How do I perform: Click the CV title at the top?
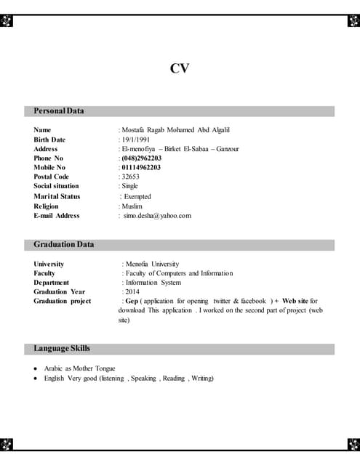(180, 68)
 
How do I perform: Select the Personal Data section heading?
(59, 111)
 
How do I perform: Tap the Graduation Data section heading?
(64, 245)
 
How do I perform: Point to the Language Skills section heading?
(62, 349)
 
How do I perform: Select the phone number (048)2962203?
(141, 158)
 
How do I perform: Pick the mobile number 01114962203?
(141, 168)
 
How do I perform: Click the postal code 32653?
(130, 177)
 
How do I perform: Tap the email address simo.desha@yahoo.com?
(157, 216)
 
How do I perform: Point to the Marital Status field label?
(57, 196)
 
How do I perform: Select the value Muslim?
(132, 206)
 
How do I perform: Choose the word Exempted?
(137, 196)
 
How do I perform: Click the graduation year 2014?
(132, 292)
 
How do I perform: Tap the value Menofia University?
(152, 264)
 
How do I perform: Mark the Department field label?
(52, 283)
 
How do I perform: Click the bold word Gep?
(132, 301)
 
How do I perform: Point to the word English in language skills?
(55, 379)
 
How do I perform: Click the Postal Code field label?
(52, 177)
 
